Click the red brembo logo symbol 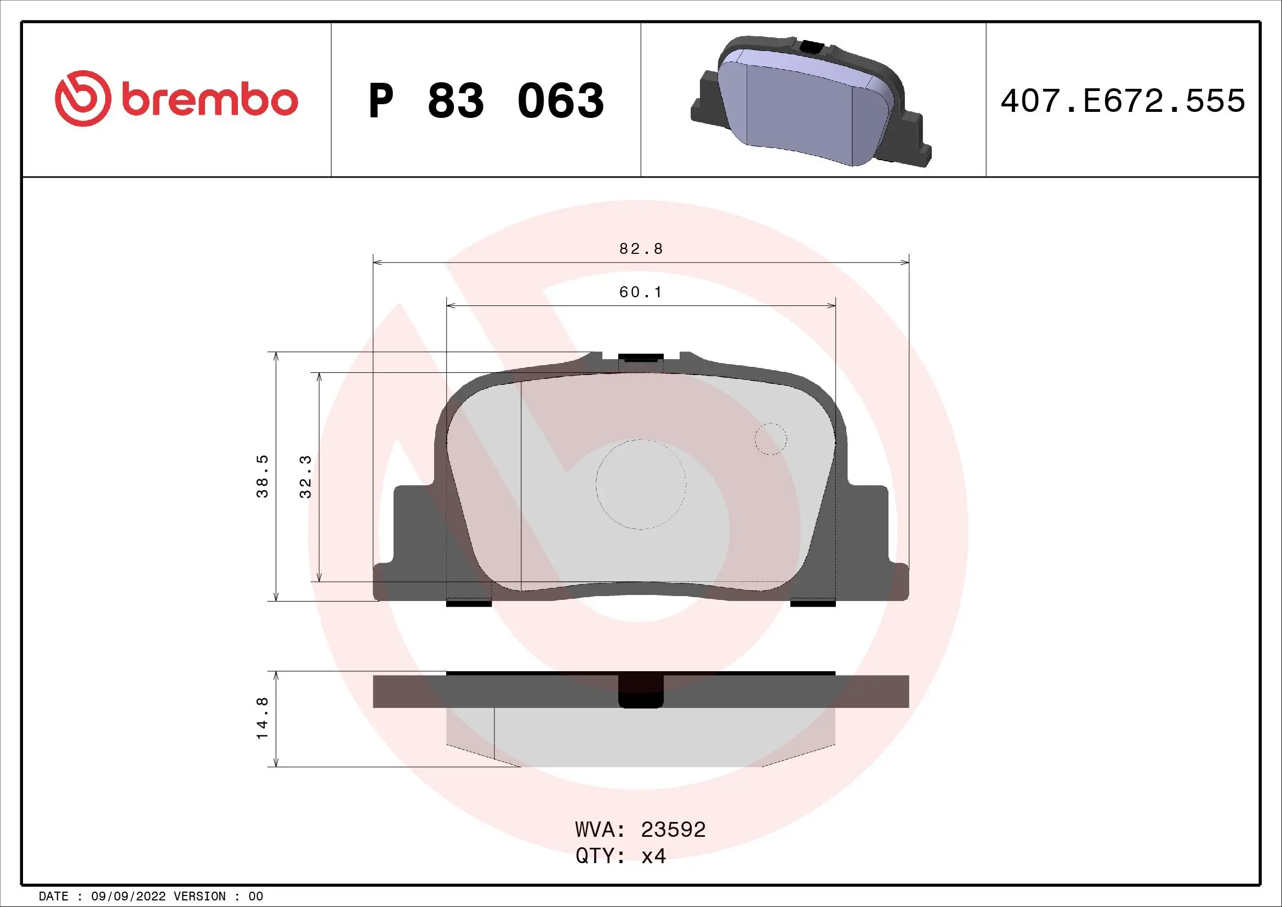(x=81, y=98)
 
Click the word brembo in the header (x=210, y=100)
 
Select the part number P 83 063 (x=486, y=101)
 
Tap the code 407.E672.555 (x=1123, y=101)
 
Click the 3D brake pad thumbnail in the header (x=810, y=101)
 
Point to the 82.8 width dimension (x=641, y=249)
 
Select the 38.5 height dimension (x=263, y=477)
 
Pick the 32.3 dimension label (x=305, y=477)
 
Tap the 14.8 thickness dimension (x=263, y=718)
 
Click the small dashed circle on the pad (x=771, y=439)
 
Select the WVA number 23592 (x=673, y=830)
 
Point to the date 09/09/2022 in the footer (x=128, y=897)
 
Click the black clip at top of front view (x=641, y=358)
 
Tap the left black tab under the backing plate (x=469, y=603)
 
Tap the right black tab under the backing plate (x=813, y=603)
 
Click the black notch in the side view (x=641, y=693)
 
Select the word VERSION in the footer (x=200, y=897)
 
